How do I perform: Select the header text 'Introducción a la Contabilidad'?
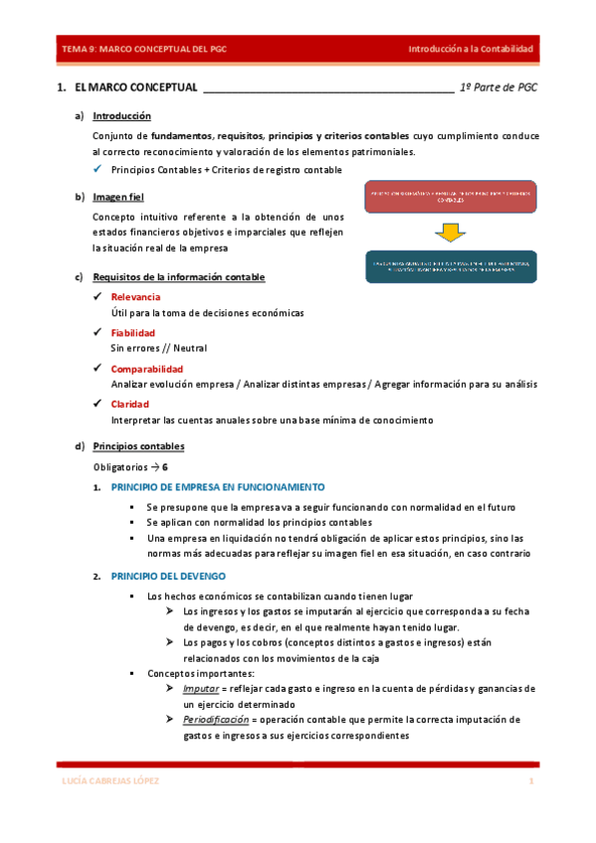(x=472, y=49)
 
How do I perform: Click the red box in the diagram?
(x=450, y=197)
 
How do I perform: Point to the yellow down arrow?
(x=450, y=233)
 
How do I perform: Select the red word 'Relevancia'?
(x=135, y=297)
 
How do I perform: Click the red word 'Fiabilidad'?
(x=133, y=333)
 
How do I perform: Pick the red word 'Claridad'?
(x=130, y=405)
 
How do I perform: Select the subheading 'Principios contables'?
(x=138, y=446)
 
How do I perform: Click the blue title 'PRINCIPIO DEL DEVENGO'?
(x=168, y=576)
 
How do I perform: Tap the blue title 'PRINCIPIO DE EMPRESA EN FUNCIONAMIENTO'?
(x=217, y=487)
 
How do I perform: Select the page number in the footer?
(x=532, y=781)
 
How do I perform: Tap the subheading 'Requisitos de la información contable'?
(x=178, y=276)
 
